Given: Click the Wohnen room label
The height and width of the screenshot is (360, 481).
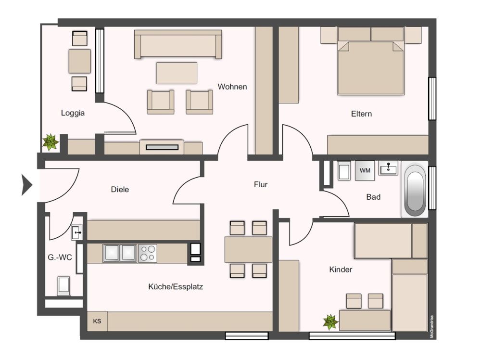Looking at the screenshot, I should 232,87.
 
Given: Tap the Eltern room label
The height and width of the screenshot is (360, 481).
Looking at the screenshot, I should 361,114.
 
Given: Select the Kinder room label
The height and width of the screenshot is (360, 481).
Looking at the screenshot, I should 341,270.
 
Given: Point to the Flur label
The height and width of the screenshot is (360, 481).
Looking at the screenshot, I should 261,184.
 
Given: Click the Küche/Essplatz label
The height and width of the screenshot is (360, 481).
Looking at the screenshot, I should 176,287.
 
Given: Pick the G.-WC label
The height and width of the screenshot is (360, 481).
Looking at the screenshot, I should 60,257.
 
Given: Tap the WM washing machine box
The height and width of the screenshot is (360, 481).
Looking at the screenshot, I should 365,170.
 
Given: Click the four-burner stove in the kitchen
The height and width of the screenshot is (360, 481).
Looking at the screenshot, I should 148,253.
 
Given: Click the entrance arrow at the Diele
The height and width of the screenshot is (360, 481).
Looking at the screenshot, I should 26,185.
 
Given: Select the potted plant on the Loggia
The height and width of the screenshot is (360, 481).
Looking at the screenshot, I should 50,142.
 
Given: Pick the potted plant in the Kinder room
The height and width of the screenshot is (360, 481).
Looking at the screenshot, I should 330,321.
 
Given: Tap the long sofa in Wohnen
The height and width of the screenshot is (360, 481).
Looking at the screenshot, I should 178,44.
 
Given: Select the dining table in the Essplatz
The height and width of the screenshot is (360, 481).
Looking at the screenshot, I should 248,249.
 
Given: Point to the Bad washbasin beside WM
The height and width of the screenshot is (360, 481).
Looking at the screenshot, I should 388,169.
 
